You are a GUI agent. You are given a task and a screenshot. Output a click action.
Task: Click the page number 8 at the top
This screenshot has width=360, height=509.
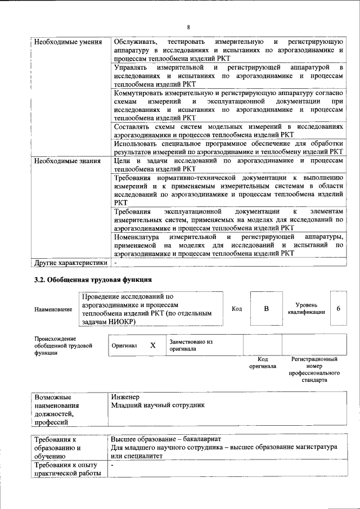188,27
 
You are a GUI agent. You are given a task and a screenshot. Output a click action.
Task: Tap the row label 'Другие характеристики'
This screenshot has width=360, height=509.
70,262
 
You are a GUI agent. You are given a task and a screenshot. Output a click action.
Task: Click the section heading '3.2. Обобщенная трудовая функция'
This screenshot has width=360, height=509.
93,280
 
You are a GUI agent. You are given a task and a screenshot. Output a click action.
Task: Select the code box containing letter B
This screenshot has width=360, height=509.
267,309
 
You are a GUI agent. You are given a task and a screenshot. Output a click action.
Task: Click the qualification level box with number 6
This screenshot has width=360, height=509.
338,309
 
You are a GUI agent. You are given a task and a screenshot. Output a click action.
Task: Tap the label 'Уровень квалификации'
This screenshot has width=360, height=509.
306,309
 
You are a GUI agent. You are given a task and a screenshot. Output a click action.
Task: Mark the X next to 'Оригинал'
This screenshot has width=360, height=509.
152,345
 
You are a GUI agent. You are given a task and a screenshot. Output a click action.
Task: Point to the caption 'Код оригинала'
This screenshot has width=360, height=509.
263,363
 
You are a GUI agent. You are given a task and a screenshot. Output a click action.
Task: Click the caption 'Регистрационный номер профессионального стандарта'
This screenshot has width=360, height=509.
314,370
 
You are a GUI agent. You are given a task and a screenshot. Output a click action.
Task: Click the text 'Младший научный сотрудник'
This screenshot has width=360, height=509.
158,405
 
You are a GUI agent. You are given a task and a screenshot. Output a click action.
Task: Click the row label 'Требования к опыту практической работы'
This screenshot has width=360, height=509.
66,469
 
